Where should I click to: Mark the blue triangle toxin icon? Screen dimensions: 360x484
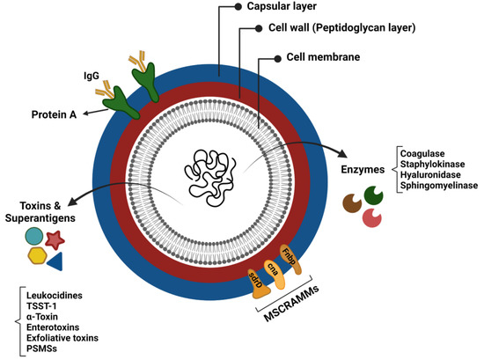point(55,261)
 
